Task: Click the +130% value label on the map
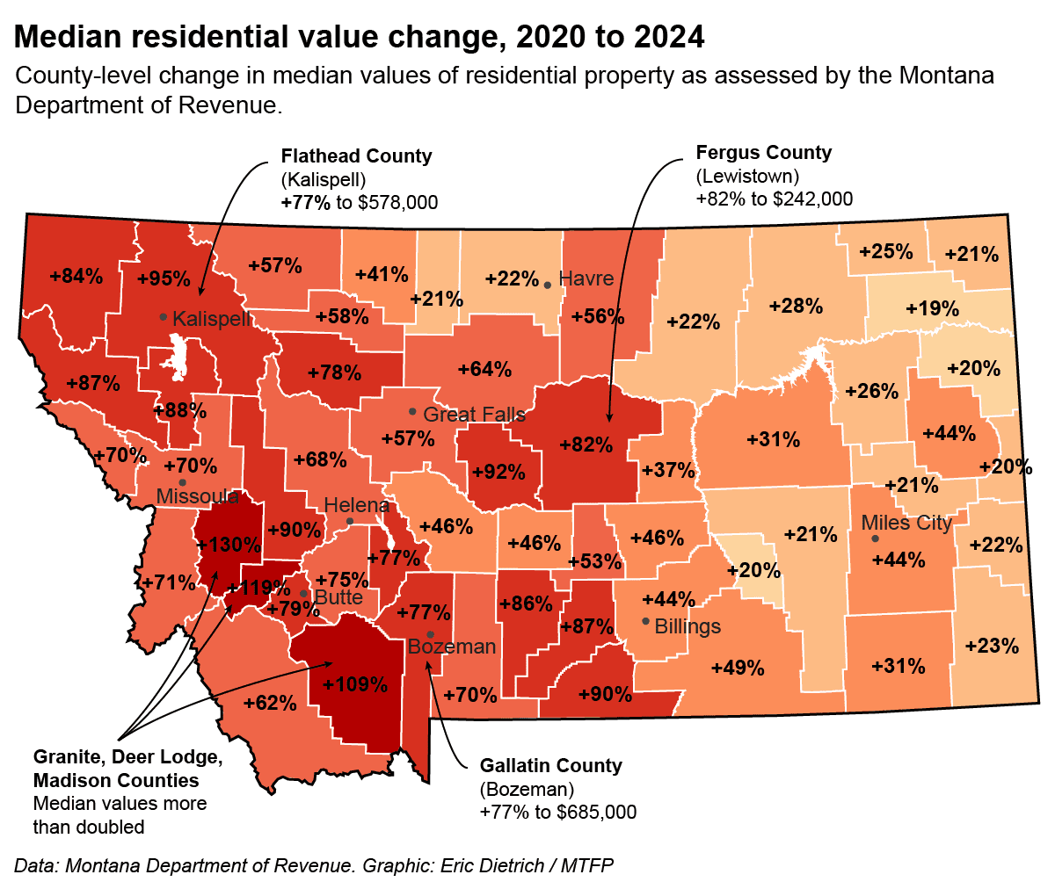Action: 229,545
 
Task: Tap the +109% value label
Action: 355,684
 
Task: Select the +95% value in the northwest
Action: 164,279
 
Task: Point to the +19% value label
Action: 933,309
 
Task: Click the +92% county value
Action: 498,473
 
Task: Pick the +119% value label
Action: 252,589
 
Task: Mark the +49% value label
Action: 738,668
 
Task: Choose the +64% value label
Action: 484,369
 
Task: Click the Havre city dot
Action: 548,285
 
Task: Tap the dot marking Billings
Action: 646,622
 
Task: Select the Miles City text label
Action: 906,524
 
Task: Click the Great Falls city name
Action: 474,415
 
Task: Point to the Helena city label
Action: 356,506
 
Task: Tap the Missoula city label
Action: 198,497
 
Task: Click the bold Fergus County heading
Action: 763,153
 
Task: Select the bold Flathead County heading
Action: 356,156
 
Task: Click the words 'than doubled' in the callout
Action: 88,827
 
